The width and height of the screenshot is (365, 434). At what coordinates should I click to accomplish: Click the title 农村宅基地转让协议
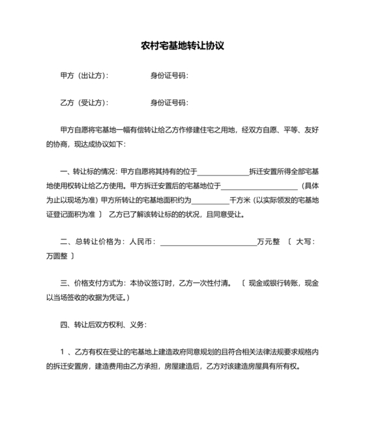click(x=182, y=46)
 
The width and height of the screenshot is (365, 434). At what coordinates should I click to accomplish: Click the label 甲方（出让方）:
click(x=84, y=76)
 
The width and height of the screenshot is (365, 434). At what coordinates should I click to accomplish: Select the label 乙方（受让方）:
click(x=84, y=103)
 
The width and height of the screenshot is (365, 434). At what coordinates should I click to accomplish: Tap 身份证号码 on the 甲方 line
click(x=169, y=76)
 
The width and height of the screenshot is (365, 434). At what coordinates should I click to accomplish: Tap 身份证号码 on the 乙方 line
click(x=169, y=103)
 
